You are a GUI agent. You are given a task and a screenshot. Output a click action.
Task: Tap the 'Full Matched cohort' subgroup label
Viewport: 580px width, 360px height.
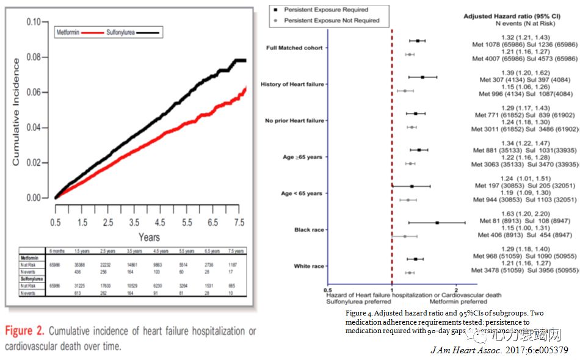tap(295, 48)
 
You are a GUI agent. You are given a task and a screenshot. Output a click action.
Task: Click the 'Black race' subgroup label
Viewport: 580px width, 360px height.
tap(309, 230)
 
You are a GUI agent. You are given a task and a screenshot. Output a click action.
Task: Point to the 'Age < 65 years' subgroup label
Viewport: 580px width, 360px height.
tap(301, 193)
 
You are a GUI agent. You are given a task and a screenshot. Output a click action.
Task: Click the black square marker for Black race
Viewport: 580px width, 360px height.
tap(437, 223)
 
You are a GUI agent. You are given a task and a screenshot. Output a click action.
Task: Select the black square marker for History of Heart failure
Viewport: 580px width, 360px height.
tap(422, 77)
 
